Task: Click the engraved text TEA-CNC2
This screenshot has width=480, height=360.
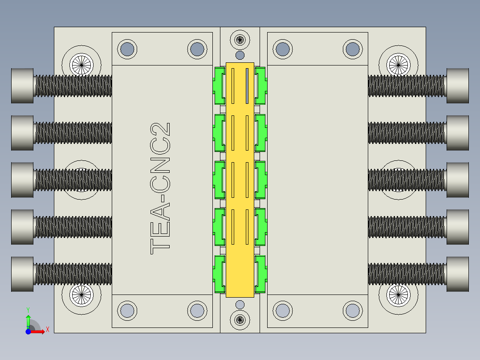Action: tap(160, 188)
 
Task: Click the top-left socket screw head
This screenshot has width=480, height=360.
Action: tap(22, 86)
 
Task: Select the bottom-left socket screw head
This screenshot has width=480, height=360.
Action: tap(22, 274)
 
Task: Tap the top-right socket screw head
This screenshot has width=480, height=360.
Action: tap(457, 86)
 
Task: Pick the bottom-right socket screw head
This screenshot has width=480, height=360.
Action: tap(457, 274)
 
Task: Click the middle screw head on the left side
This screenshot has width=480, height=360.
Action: tap(22, 180)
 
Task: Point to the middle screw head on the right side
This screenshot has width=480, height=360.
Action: tap(457, 180)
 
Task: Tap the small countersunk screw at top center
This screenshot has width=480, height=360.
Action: tap(240, 40)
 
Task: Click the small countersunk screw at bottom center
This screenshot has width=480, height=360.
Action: tap(240, 319)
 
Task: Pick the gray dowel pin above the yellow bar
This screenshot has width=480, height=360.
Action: tap(240, 55)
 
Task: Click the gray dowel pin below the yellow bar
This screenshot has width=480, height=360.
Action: tap(240, 304)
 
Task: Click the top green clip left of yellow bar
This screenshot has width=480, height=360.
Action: tap(219, 86)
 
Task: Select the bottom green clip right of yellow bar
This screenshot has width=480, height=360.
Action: tap(260, 274)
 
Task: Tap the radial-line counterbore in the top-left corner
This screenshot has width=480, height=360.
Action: tap(81, 65)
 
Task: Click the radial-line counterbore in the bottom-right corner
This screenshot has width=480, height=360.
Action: tap(398, 295)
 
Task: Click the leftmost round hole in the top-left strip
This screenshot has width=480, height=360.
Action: tap(127, 49)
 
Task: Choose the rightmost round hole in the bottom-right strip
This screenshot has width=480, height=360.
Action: tap(352, 311)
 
